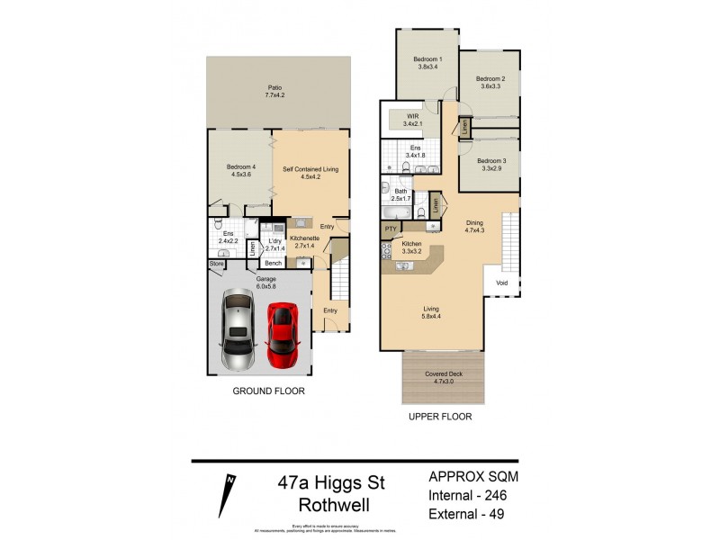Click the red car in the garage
(283, 332)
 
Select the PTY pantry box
(391, 229)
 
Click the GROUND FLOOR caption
(268, 391)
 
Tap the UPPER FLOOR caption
(440, 418)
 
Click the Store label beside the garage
(216, 264)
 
